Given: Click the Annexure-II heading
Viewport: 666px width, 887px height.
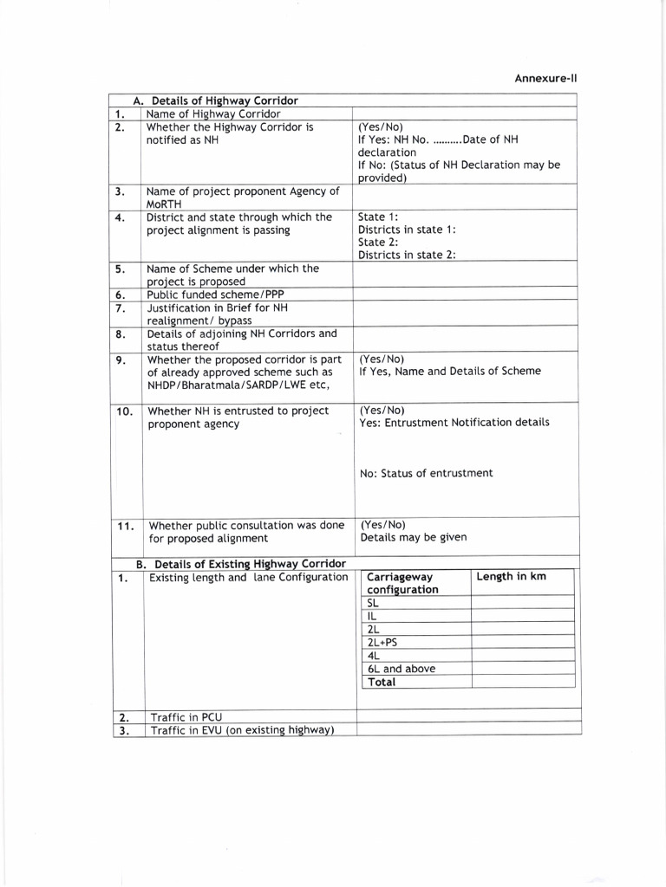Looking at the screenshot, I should [545, 78].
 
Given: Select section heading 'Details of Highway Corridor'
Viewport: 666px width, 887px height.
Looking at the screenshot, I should [225, 101].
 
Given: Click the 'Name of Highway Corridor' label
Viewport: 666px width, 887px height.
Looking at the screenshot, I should [213, 113].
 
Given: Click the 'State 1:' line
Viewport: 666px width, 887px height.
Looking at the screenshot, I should [378, 217].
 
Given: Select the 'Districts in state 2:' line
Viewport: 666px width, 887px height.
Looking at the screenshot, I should [407, 255].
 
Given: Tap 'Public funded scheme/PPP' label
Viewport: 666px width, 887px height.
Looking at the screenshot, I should [215, 295].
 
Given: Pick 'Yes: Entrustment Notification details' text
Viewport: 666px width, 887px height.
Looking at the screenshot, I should [454, 423].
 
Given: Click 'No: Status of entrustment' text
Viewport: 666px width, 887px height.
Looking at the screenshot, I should [426, 473].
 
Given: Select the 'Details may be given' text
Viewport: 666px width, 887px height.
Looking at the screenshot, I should [413, 537].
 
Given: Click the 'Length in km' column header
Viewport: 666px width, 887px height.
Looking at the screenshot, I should [512, 577].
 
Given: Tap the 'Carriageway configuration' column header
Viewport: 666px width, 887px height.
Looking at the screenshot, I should [402, 583].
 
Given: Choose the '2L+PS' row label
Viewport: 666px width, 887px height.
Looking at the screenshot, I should [382, 642].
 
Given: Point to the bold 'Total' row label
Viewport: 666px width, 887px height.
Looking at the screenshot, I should [382, 683].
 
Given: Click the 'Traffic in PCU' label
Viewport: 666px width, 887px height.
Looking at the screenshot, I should [186, 717].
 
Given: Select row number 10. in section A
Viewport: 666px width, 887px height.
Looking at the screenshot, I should [124, 411].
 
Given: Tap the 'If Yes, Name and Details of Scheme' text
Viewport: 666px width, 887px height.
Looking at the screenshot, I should [449, 372].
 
